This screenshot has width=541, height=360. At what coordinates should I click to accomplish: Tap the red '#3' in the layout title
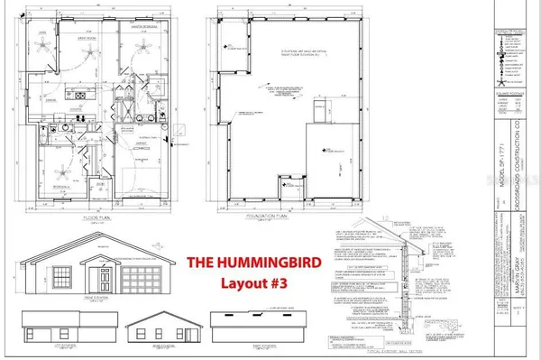(x=294, y=286)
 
